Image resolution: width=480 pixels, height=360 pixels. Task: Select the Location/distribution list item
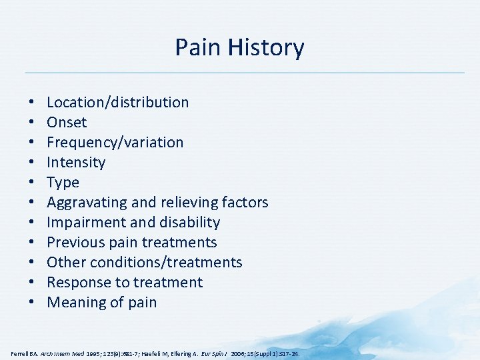point(117,102)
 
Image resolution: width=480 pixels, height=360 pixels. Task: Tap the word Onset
point(67,122)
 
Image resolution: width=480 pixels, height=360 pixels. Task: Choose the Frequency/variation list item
point(115,142)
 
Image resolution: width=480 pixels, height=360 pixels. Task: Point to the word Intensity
point(76,162)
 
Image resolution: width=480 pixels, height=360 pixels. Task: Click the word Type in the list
point(63,182)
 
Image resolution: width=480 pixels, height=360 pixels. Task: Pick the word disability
point(190,222)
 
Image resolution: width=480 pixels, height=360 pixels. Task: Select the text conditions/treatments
point(166,262)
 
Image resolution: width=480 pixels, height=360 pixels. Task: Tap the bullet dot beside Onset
point(32,123)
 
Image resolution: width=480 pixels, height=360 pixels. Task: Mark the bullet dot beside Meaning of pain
point(32,303)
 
